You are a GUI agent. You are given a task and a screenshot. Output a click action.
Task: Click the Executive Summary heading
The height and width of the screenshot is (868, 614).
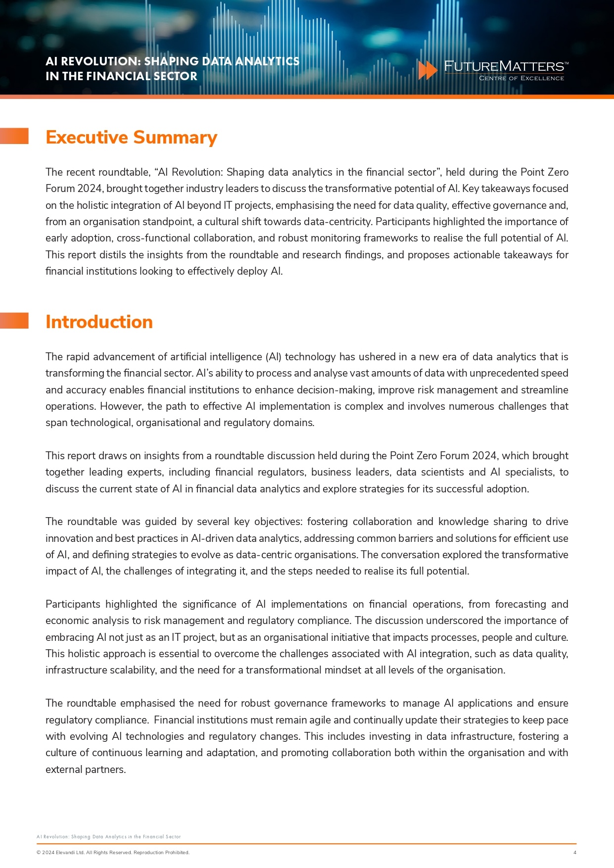click(x=131, y=137)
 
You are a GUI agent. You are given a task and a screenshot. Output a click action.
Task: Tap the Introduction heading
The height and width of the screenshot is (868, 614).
click(x=99, y=322)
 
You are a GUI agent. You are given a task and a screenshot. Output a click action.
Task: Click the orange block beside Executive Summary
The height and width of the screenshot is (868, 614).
click(x=14, y=136)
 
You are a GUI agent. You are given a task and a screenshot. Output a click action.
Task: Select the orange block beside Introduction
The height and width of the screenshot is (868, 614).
click(x=14, y=321)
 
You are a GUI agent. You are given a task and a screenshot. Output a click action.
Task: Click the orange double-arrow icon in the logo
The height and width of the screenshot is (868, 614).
click(x=427, y=70)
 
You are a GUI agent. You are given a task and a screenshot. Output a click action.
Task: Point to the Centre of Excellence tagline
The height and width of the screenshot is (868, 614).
click(x=521, y=78)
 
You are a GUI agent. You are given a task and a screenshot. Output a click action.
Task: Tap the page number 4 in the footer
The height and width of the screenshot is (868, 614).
click(x=574, y=852)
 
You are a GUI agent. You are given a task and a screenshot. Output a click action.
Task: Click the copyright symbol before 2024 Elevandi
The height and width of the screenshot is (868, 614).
click(x=39, y=852)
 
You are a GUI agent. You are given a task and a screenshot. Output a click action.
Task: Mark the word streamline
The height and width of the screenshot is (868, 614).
click(x=544, y=390)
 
